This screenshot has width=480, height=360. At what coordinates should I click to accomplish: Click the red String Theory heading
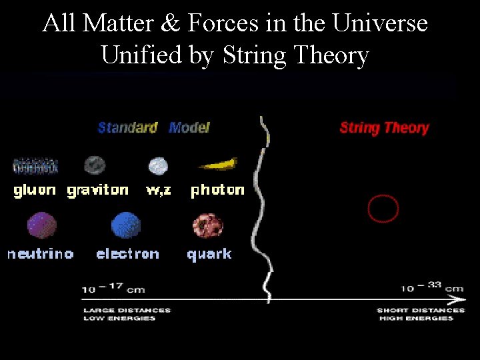pos(384,128)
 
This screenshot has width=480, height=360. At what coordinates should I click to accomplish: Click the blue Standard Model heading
pos(153,127)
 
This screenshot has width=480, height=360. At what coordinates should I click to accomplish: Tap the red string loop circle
pos(383,209)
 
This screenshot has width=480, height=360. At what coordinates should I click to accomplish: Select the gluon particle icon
pos(35,165)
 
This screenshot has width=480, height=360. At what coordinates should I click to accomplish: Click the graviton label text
pos(98,191)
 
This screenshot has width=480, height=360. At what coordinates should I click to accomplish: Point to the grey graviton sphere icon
pos(95,165)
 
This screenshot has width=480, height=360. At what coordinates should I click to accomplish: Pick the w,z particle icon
pos(158,165)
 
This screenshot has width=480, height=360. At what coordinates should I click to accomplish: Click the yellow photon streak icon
pos(218,164)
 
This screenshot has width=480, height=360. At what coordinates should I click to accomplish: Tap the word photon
pos(217,191)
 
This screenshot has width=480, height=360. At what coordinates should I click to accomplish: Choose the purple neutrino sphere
pos(41,225)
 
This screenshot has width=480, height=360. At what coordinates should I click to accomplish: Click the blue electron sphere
pos(126,225)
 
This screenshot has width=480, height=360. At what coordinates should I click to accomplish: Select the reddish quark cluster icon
pos(208,226)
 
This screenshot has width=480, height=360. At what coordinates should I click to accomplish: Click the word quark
pos(209,254)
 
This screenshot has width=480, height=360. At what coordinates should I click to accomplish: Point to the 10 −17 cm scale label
pos(113,289)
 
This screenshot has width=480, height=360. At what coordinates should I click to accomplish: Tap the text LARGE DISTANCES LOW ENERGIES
pos(127,314)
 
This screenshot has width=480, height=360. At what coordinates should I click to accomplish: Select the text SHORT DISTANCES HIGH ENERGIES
pos(420,314)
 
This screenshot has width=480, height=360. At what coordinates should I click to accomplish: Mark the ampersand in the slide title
pos(170,23)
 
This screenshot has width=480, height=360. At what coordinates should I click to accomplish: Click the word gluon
pos(35,191)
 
